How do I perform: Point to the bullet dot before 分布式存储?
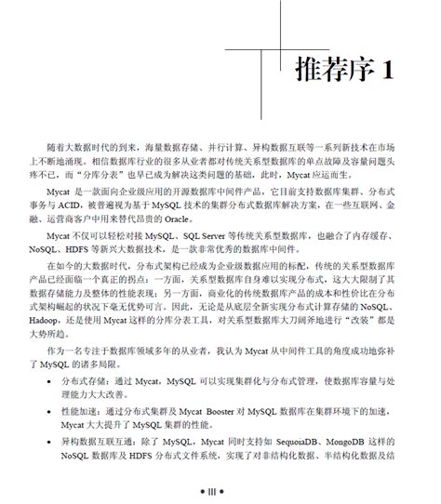[x=49, y=379]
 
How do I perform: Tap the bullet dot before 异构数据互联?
[x=49, y=443]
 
